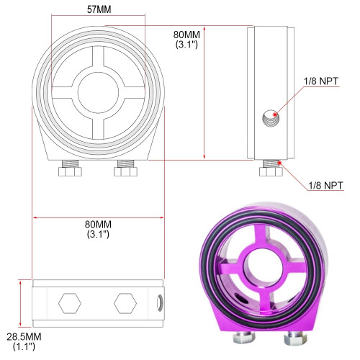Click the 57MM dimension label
(99, 9)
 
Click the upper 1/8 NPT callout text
(321, 81)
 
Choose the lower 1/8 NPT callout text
(325, 186)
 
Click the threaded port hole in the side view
(271, 118)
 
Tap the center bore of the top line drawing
(98, 93)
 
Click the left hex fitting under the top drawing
(70, 168)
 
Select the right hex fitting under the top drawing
(125, 168)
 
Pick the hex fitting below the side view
(271, 168)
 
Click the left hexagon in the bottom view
(70, 303)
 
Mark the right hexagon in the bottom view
(125, 303)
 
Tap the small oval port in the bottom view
(160, 303)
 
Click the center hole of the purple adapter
(264, 265)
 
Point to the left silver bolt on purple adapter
(243, 336)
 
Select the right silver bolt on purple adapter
(295, 338)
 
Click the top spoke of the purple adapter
(261, 237)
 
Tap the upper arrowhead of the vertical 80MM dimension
(204, 28)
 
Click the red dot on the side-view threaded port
(275, 114)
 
